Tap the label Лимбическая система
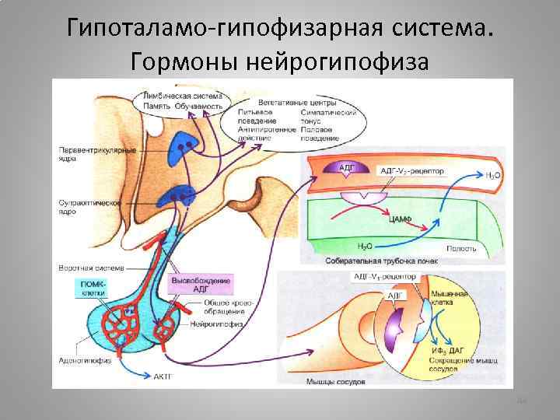click(x=181, y=96)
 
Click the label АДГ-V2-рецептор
click(x=409, y=169)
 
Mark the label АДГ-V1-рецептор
click(x=382, y=276)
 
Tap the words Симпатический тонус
click(x=324, y=117)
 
